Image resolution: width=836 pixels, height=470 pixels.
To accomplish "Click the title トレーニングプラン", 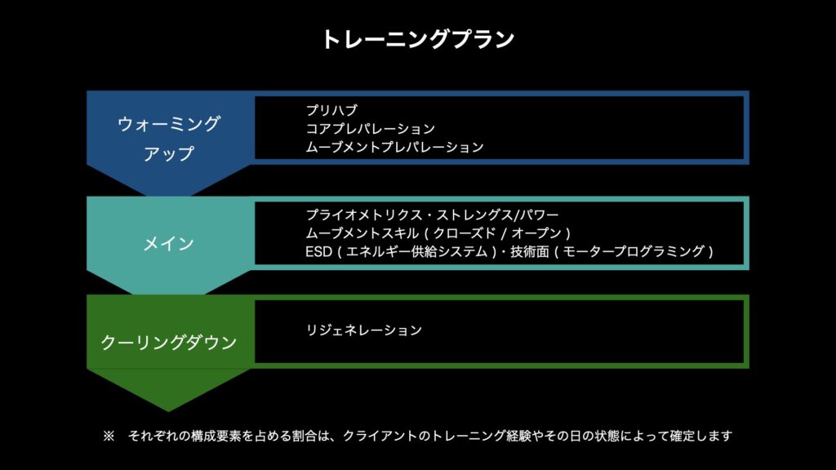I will [417, 39].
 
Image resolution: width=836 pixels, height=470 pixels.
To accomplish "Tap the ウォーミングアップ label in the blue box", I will [169, 139].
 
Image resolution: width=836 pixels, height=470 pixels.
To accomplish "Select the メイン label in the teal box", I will [169, 243].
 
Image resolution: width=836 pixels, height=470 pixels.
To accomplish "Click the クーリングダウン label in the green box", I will [169, 342].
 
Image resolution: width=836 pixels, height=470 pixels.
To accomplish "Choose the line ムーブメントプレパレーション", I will [394, 148].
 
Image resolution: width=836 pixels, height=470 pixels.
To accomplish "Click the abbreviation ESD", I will [318, 252].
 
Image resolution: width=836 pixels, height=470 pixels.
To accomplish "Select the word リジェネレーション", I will [364, 330].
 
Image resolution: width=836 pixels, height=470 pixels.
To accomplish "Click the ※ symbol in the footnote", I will [109, 437].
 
